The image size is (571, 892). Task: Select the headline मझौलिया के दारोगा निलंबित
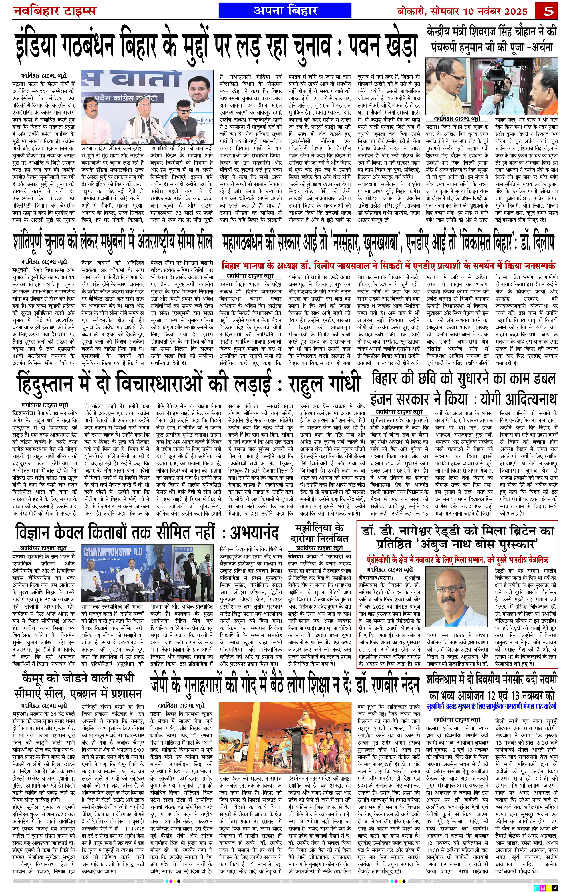(x=319, y=533)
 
